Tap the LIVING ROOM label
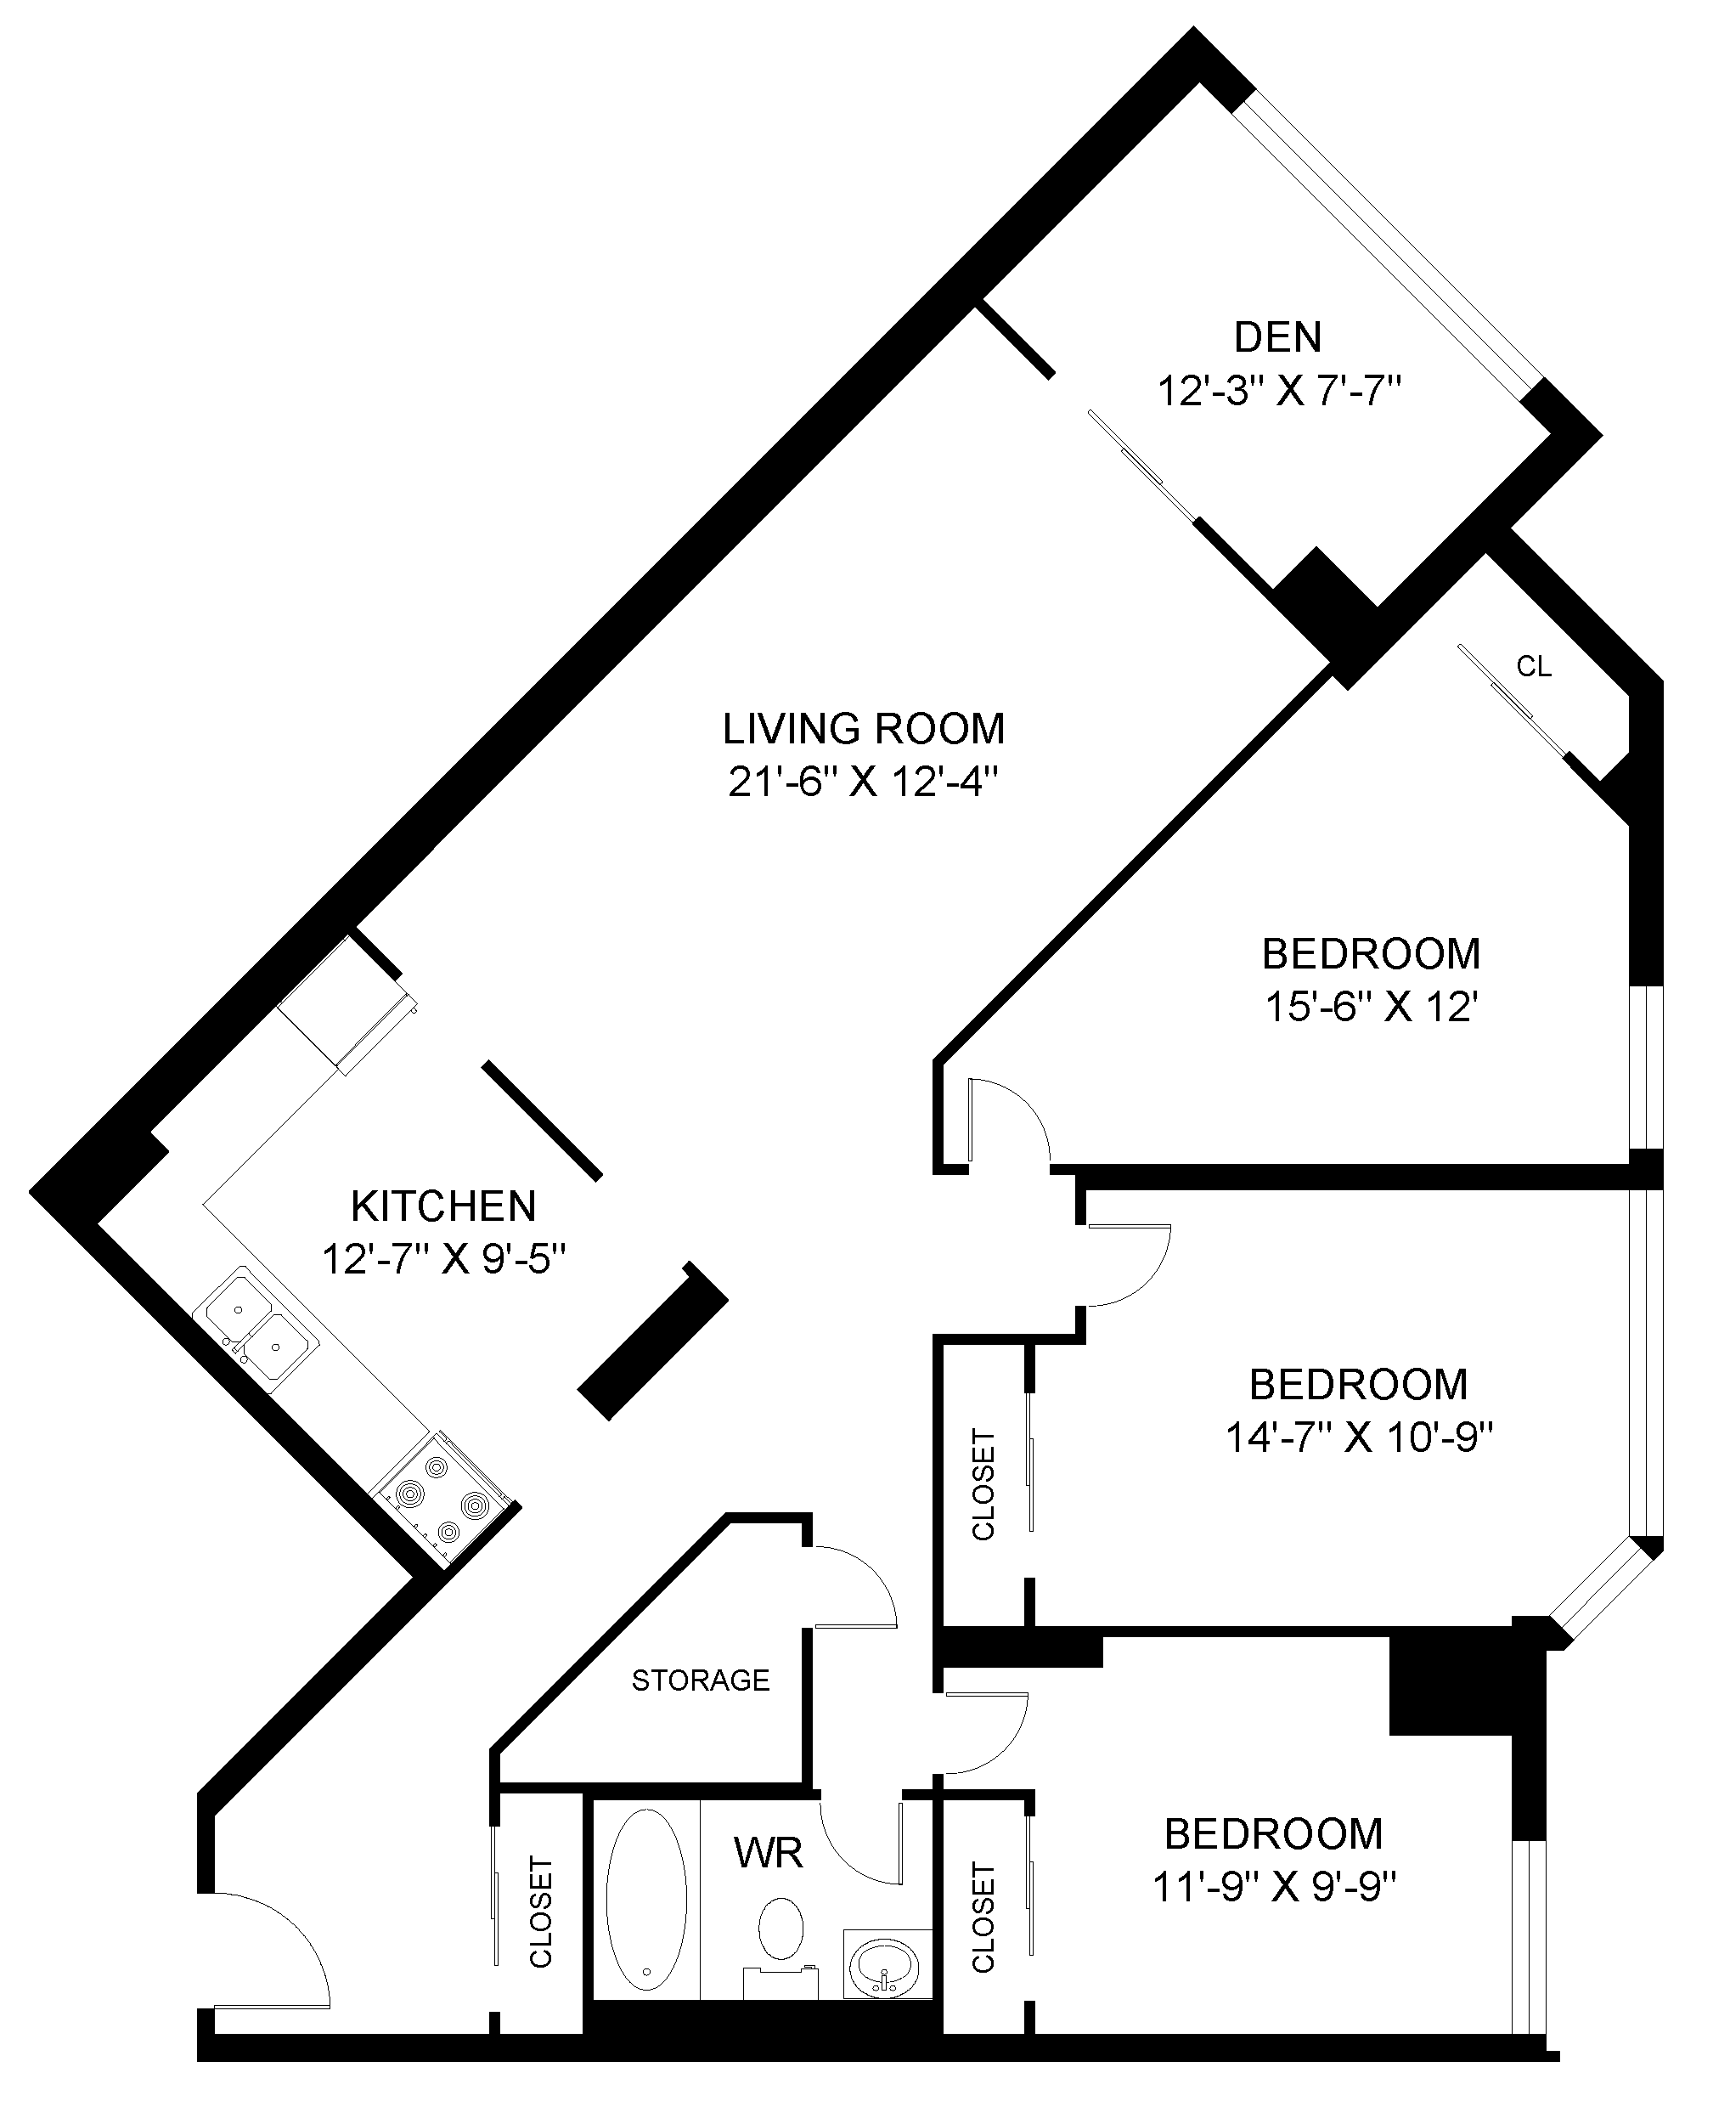click(x=863, y=729)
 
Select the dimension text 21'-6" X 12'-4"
click(x=863, y=782)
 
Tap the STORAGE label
click(x=701, y=1680)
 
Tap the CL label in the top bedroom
click(x=1534, y=667)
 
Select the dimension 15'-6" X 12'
click(x=1370, y=1008)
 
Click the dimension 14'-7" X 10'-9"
click(x=1358, y=1438)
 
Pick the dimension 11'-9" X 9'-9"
click(x=1274, y=1887)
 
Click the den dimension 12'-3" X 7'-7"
click(x=1278, y=391)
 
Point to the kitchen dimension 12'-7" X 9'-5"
click(x=443, y=1260)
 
